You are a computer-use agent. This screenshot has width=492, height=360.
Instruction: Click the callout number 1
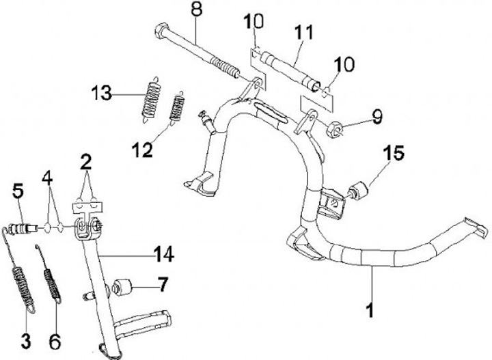(370, 312)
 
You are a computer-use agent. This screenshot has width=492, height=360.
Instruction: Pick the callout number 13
(105, 94)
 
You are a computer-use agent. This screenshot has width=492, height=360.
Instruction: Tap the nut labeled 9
(336, 129)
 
